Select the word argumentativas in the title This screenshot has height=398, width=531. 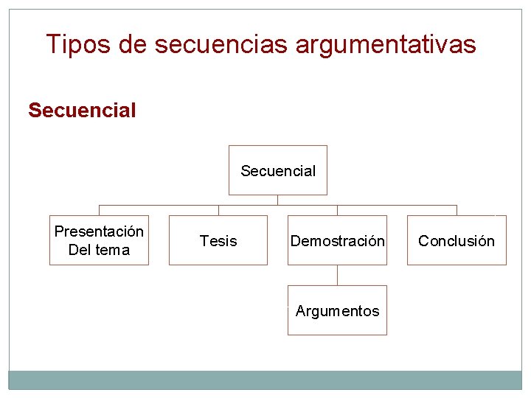(386, 45)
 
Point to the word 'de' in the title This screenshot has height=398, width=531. (133, 45)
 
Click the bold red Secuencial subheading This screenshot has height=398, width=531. (82, 111)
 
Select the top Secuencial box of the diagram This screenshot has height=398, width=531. (277, 170)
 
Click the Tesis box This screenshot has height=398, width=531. (218, 240)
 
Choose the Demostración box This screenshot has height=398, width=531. (337, 240)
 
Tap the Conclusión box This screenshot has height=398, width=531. (457, 240)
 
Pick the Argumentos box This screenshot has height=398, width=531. (337, 310)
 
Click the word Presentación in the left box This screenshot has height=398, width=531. (99, 231)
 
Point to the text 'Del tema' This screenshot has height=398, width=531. (99, 250)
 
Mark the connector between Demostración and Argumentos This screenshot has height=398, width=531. (337, 275)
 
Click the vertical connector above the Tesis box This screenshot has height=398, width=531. (218, 210)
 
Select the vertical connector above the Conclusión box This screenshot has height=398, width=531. (457, 210)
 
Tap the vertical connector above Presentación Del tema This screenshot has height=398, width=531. (99, 210)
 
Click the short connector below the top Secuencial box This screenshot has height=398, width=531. (277, 200)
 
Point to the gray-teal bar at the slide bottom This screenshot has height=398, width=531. (265, 380)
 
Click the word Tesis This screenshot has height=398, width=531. (218, 241)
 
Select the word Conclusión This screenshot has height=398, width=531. (457, 241)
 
